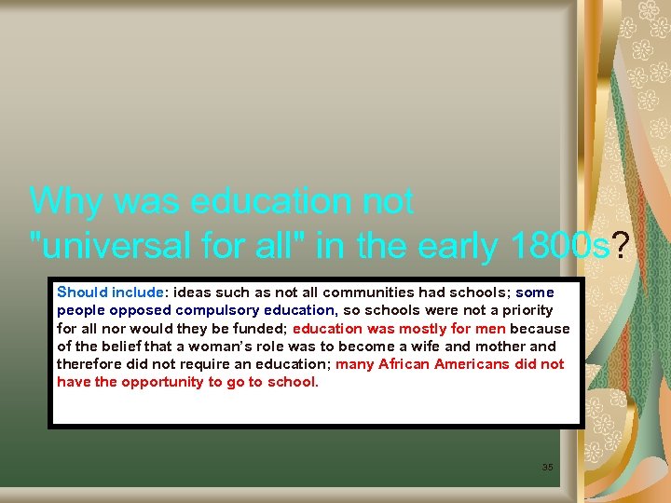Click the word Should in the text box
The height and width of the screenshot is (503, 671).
coord(82,292)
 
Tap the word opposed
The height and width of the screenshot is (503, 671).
coord(140,310)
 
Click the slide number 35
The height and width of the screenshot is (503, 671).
coord(547,466)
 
